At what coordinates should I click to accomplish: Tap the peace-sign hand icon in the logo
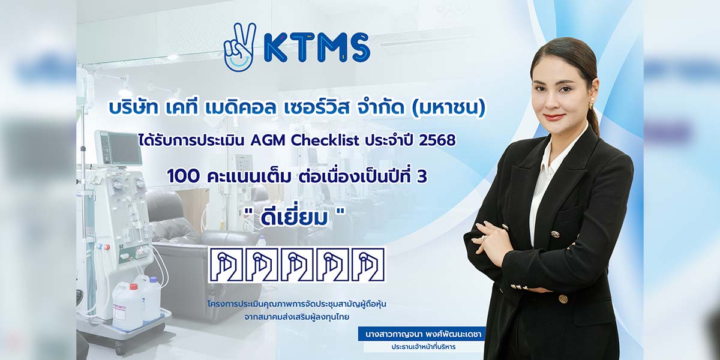coord(240,47)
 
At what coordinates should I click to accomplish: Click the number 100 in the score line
coord(183,176)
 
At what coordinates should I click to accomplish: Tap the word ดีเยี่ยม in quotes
coord(294,218)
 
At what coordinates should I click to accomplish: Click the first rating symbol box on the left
coord(225,265)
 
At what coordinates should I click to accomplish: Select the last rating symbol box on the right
coord(368,265)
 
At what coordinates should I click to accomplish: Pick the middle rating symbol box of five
coord(296,265)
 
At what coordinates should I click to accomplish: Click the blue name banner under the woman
coord(422,334)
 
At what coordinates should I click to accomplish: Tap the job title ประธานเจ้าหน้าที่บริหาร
coord(424,347)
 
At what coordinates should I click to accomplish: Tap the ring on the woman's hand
coord(484,238)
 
